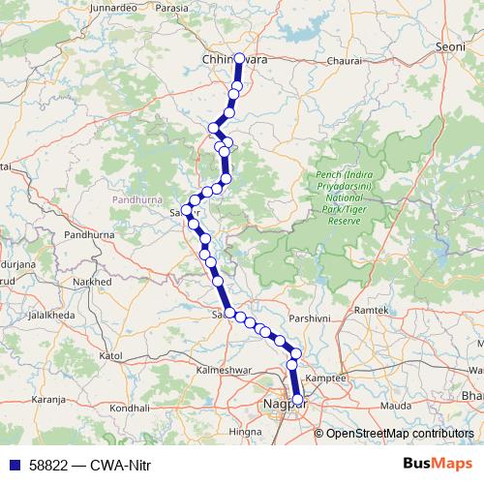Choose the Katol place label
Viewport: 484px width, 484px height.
110,356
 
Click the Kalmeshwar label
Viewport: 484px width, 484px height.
224,370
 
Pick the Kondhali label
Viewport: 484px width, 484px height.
130,408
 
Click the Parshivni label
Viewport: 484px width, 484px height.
310,318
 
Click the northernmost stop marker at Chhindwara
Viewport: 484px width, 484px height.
240,58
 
